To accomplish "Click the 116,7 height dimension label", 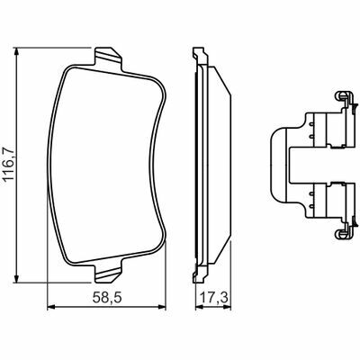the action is pos(9,165).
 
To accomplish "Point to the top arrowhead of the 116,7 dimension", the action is pos(17,52).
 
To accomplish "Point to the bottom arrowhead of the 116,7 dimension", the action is pos(17,277).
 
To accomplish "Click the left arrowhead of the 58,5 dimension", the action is pos(52,307).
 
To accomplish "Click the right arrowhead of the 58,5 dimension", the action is pos(161,307).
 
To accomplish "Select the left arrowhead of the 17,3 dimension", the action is pos(200,307).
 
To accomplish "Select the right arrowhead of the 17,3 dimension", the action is pos(227,307).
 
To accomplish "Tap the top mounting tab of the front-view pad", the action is pos(108,57).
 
